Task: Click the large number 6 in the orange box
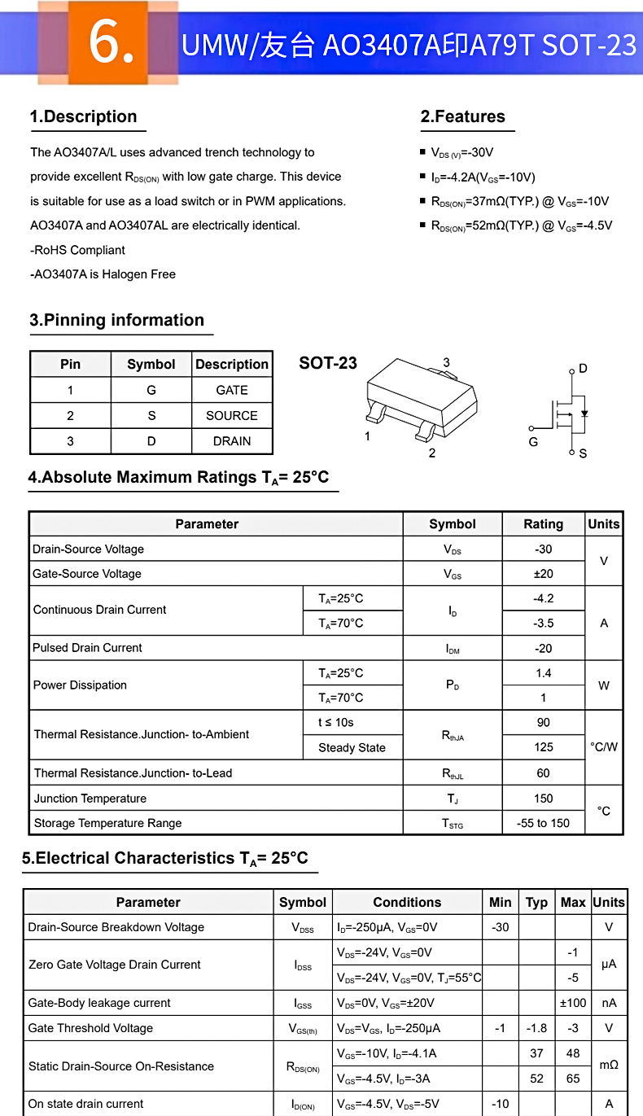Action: tap(111, 42)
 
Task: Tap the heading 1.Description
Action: tap(84, 116)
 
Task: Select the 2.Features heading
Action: tap(463, 116)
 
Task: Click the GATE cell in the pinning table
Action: tap(232, 390)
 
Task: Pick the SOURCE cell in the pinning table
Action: tap(232, 415)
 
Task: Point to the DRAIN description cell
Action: tap(232, 441)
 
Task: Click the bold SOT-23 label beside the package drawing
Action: tap(328, 363)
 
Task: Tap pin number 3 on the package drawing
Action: tap(446, 362)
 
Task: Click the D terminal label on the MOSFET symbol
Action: tap(583, 369)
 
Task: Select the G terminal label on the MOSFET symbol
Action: tap(533, 442)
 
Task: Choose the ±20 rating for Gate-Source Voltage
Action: tap(543, 574)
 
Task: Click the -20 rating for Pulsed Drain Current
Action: tap(543, 648)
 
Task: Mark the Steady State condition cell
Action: tap(352, 747)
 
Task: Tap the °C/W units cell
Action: tap(604, 746)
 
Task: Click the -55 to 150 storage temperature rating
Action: tap(543, 823)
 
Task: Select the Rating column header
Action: tap(543, 524)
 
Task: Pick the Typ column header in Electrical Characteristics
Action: tap(536, 902)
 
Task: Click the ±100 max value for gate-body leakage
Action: tap(573, 1003)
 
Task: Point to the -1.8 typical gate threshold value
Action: tap(536, 1028)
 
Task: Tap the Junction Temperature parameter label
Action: tap(90, 799)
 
